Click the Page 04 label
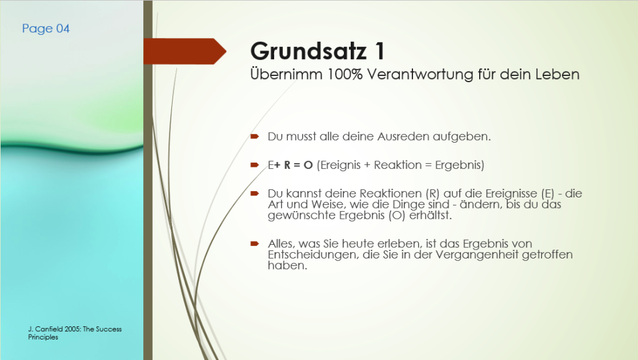click(45, 29)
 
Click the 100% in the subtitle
click(345, 75)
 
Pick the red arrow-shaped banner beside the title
click(184, 51)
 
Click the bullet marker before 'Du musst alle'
click(255, 136)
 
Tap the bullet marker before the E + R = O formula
click(255, 165)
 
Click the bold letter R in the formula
click(287, 165)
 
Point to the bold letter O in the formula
click(308, 165)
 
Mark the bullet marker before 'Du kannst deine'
click(255, 193)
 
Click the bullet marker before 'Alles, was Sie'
click(255, 244)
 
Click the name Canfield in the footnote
click(48, 329)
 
